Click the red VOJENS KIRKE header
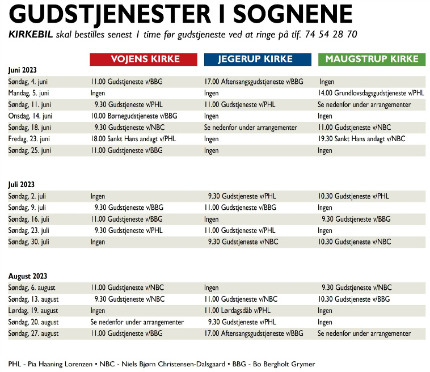pyautogui.click(x=144, y=59)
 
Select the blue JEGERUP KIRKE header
pyautogui.click(x=258, y=59)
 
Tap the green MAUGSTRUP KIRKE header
pyautogui.click(x=372, y=59)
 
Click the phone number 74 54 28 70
pyautogui.click(x=331, y=35)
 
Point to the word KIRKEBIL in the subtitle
pyautogui.click(x=31, y=35)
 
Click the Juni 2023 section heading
pyautogui.click(x=23, y=70)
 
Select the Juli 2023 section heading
pyautogui.click(x=22, y=184)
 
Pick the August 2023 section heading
pyautogui.click(x=28, y=276)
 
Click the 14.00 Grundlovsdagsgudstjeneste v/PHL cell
pyautogui.click(x=371, y=93)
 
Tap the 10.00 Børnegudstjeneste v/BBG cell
pyautogui.click(x=134, y=116)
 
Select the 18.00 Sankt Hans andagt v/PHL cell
pyautogui.click(x=133, y=139)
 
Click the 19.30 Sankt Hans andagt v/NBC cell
pyautogui.click(x=361, y=139)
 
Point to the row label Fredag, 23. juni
pyautogui.click(x=29, y=139)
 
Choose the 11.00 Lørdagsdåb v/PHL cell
pyautogui.click(x=238, y=311)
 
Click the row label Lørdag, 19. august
pyautogui.click(x=33, y=311)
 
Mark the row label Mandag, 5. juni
pyautogui.click(x=28, y=93)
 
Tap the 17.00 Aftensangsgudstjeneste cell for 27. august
pyautogui.click(x=254, y=333)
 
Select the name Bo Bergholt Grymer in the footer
pyautogui.click(x=284, y=364)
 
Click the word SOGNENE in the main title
pyautogui.click(x=293, y=14)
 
